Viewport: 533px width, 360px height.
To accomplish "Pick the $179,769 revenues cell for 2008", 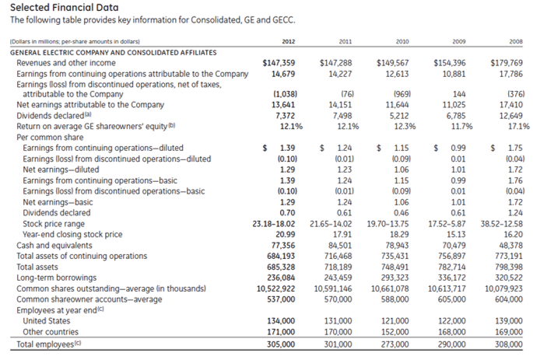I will pyautogui.click(x=506, y=62).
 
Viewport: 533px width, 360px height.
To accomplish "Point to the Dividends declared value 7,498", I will pyautogui.click(x=339, y=114).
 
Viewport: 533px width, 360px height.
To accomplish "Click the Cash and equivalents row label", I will pyautogui.click(x=51, y=245).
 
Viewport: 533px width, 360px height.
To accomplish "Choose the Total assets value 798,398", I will pyautogui.click(x=508, y=266).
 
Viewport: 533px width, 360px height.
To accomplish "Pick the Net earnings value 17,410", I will pyautogui.click(x=510, y=104).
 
